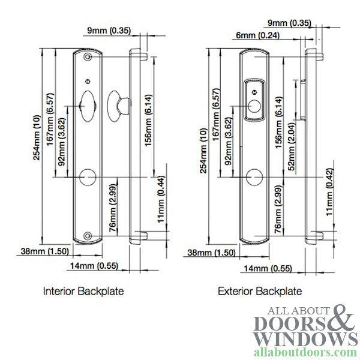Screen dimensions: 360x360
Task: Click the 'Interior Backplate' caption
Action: tap(83, 292)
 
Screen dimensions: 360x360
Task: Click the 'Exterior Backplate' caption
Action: tap(260, 292)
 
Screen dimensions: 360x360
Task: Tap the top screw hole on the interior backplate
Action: tap(88, 57)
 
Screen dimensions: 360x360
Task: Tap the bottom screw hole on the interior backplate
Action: tap(88, 236)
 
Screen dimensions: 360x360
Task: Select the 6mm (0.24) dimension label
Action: tap(257, 35)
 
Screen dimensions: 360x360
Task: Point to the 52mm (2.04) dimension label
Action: tap(292, 146)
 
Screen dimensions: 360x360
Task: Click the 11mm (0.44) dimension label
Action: tap(161, 199)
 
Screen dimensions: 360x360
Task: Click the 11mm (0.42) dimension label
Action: tap(329, 192)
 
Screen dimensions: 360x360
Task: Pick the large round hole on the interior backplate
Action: tap(88, 177)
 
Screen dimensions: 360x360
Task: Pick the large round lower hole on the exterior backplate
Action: tap(254, 177)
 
